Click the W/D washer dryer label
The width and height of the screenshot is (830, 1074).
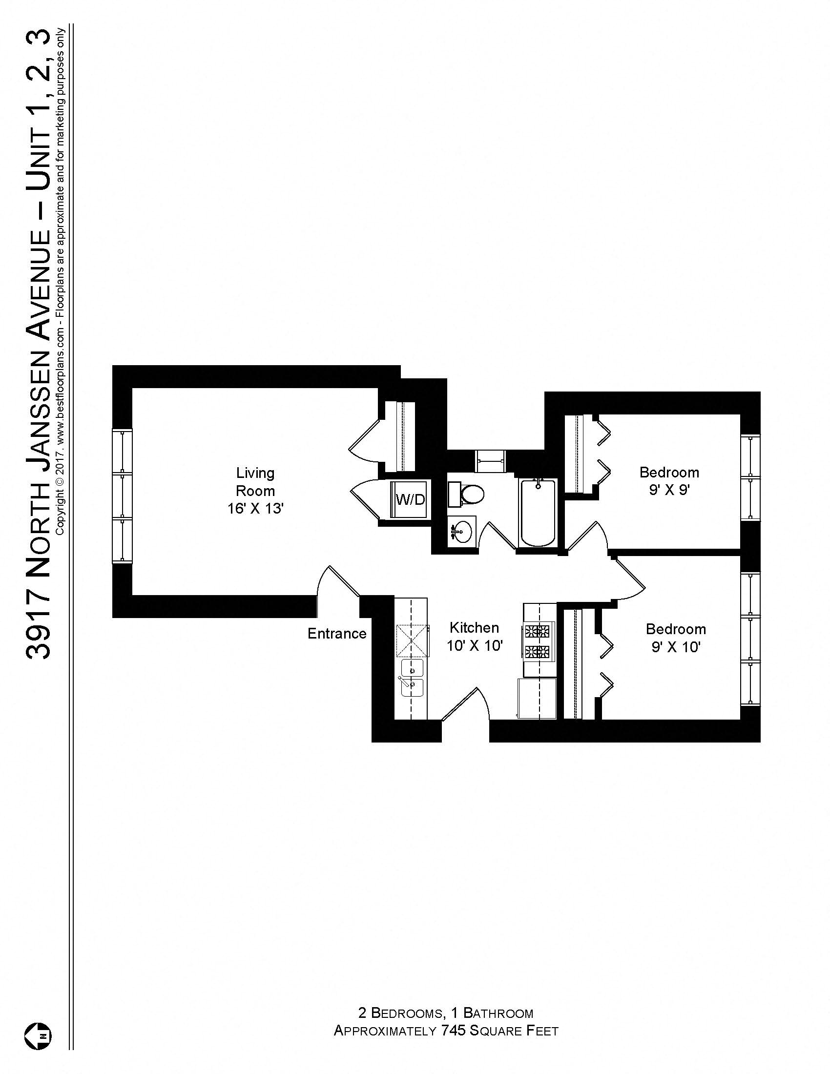tap(410, 499)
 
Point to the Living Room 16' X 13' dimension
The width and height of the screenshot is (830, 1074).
tap(255, 509)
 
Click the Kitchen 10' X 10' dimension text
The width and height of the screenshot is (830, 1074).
tap(474, 646)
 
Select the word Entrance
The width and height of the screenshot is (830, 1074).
tap(337, 633)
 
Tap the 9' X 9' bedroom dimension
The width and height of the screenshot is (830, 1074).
tap(669, 490)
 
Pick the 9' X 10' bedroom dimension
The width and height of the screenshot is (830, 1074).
tap(676, 647)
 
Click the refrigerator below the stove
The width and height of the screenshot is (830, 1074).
tap(537, 698)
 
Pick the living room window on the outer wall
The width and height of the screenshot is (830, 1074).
tap(122, 495)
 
